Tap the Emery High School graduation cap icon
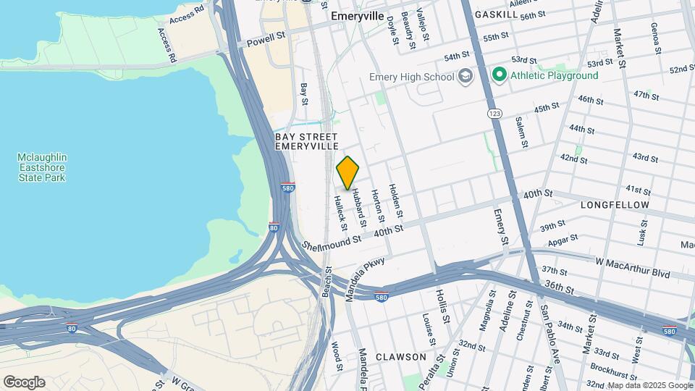(465, 77)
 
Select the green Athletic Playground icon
(499, 75)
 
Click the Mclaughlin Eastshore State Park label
(43, 167)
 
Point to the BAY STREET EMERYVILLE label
(306, 141)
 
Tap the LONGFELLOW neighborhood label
(615, 205)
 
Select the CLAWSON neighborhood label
(401, 357)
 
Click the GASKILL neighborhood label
(496, 14)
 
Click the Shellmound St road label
(332, 243)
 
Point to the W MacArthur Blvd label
(633, 266)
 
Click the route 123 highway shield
(494, 114)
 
